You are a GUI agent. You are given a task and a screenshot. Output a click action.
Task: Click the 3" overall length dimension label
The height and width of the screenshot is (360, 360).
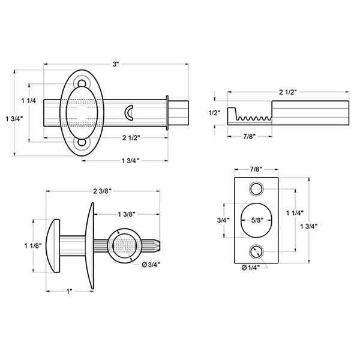point(115,64)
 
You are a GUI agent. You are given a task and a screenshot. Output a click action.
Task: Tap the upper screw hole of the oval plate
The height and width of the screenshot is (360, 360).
point(82,83)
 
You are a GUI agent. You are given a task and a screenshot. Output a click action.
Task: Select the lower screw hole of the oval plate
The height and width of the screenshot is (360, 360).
point(82,142)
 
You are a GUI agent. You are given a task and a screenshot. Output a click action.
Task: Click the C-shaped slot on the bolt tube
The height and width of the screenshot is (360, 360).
point(129,113)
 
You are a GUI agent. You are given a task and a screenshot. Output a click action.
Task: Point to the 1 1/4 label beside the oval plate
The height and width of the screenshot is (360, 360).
point(29,101)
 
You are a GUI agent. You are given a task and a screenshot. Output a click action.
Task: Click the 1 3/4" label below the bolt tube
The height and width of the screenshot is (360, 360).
point(131,161)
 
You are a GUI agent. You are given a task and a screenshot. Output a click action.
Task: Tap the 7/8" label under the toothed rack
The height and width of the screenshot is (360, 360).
point(250,136)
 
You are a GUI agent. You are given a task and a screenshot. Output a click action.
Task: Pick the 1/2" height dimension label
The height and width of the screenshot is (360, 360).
point(214,113)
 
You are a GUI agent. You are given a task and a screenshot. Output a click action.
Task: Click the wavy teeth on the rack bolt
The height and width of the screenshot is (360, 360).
point(254,118)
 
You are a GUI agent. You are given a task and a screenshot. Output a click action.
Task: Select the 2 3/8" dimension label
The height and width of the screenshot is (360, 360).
point(102,191)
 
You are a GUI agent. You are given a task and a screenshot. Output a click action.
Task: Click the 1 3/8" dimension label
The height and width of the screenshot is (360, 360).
point(127,214)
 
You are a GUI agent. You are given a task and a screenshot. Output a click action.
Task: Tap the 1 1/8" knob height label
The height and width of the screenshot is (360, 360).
point(33,246)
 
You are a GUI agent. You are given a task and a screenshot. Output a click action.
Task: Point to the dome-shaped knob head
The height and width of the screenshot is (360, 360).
point(53,246)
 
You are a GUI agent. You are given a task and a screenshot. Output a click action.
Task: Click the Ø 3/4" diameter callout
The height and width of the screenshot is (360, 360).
point(151,265)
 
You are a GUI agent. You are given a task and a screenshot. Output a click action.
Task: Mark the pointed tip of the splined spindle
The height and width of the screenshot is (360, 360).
point(160,245)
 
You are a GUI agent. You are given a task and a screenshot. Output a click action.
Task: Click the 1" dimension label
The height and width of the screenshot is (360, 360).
point(70,292)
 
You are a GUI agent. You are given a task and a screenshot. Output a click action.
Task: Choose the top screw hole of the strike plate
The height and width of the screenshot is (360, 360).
point(256,189)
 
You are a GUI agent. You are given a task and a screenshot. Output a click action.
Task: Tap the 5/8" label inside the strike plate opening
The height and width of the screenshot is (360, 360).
point(257,220)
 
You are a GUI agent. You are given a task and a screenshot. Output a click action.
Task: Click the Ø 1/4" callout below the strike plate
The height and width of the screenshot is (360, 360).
point(250,268)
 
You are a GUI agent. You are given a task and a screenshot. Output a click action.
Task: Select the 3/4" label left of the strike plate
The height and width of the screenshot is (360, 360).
point(223,220)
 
